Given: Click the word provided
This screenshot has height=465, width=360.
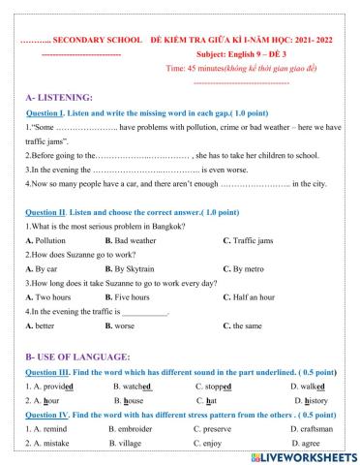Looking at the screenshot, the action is [53, 386].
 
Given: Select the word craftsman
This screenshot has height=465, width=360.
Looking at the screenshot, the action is [317, 427].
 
